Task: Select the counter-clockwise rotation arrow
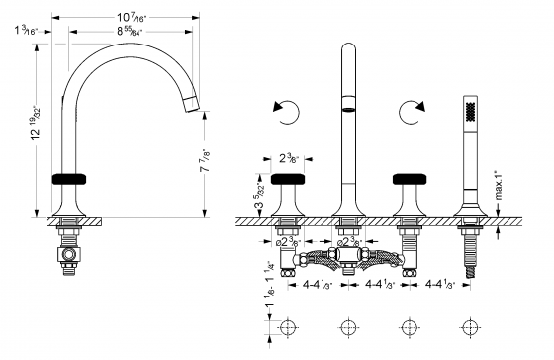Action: (287, 114)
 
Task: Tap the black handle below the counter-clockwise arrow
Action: (287, 179)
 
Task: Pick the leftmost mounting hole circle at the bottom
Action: (287, 328)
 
